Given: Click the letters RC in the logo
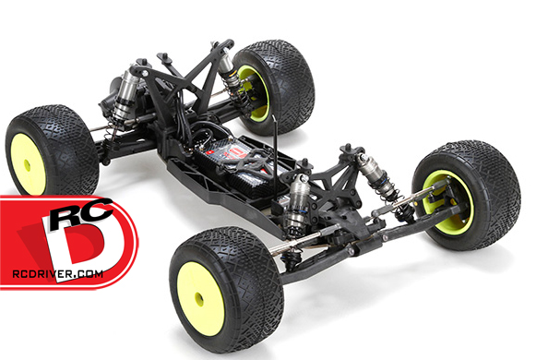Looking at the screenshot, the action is pyautogui.click(x=81, y=212).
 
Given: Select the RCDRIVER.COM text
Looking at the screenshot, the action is pyautogui.click(x=58, y=273).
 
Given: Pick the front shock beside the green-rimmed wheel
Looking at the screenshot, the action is pyautogui.click(x=379, y=178).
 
